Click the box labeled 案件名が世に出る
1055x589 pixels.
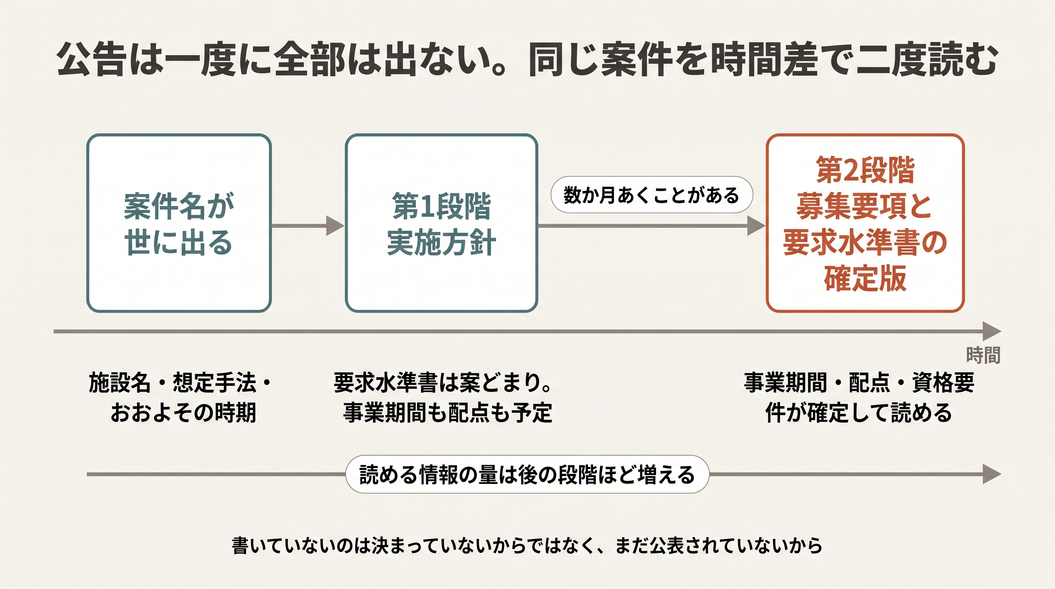point(179,223)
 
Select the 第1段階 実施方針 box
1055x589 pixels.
point(442,223)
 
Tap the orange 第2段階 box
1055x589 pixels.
point(865,223)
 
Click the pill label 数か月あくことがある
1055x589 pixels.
point(652,195)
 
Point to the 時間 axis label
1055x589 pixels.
point(983,355)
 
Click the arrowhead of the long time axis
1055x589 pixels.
point(992,331)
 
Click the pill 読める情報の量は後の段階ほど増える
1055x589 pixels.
point(527,474)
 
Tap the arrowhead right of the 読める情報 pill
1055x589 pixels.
point(992,474)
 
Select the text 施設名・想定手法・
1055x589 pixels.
point(180,383)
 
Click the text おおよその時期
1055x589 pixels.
point(183,413)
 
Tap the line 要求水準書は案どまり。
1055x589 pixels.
point(443,383)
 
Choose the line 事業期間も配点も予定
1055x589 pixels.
point(448,413)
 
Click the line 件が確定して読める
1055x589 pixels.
point(858,413)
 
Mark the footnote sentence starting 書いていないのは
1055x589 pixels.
point(527,546)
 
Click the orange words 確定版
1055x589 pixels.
point(865,278)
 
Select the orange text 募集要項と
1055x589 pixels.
point(864,206)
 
